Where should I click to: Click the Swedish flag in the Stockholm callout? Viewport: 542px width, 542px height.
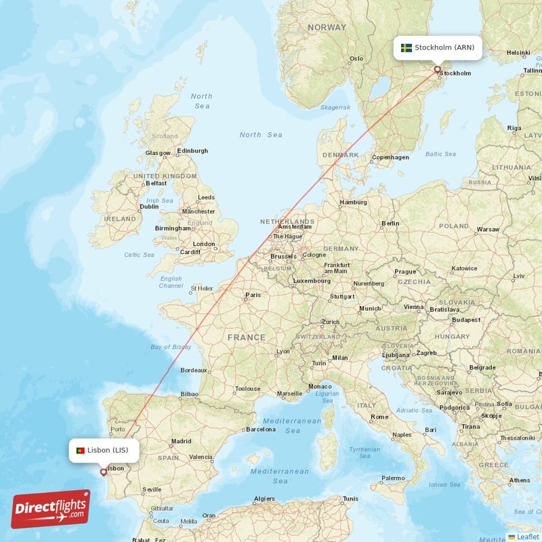tap(406, 47)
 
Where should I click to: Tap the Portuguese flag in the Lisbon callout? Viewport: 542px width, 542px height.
tap(80, 450)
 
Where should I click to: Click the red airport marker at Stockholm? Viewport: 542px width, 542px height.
tap(437, 68)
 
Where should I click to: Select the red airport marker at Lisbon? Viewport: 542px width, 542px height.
tap(103, 472)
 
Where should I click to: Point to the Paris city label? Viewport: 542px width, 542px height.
tap(253, 295)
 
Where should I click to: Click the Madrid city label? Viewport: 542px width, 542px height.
tap(181, 441)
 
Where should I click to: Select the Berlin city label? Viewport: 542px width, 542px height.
tap(390, 223)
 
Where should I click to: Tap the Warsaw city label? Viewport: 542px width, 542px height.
tap(487, 229)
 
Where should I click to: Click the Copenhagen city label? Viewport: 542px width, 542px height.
tap(391, 157)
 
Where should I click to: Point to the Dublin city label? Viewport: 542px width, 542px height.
tap(149, 207)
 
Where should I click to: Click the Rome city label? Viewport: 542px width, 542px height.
tap(379, 417)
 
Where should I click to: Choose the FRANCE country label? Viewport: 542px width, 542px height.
tap(247, 337)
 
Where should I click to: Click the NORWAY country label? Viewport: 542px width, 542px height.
tap(327, 28)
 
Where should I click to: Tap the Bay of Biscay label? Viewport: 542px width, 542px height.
tap(171, 347)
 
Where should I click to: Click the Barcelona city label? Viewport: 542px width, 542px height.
tap(262, 429)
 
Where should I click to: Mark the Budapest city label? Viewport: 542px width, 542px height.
tap(466, 319)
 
